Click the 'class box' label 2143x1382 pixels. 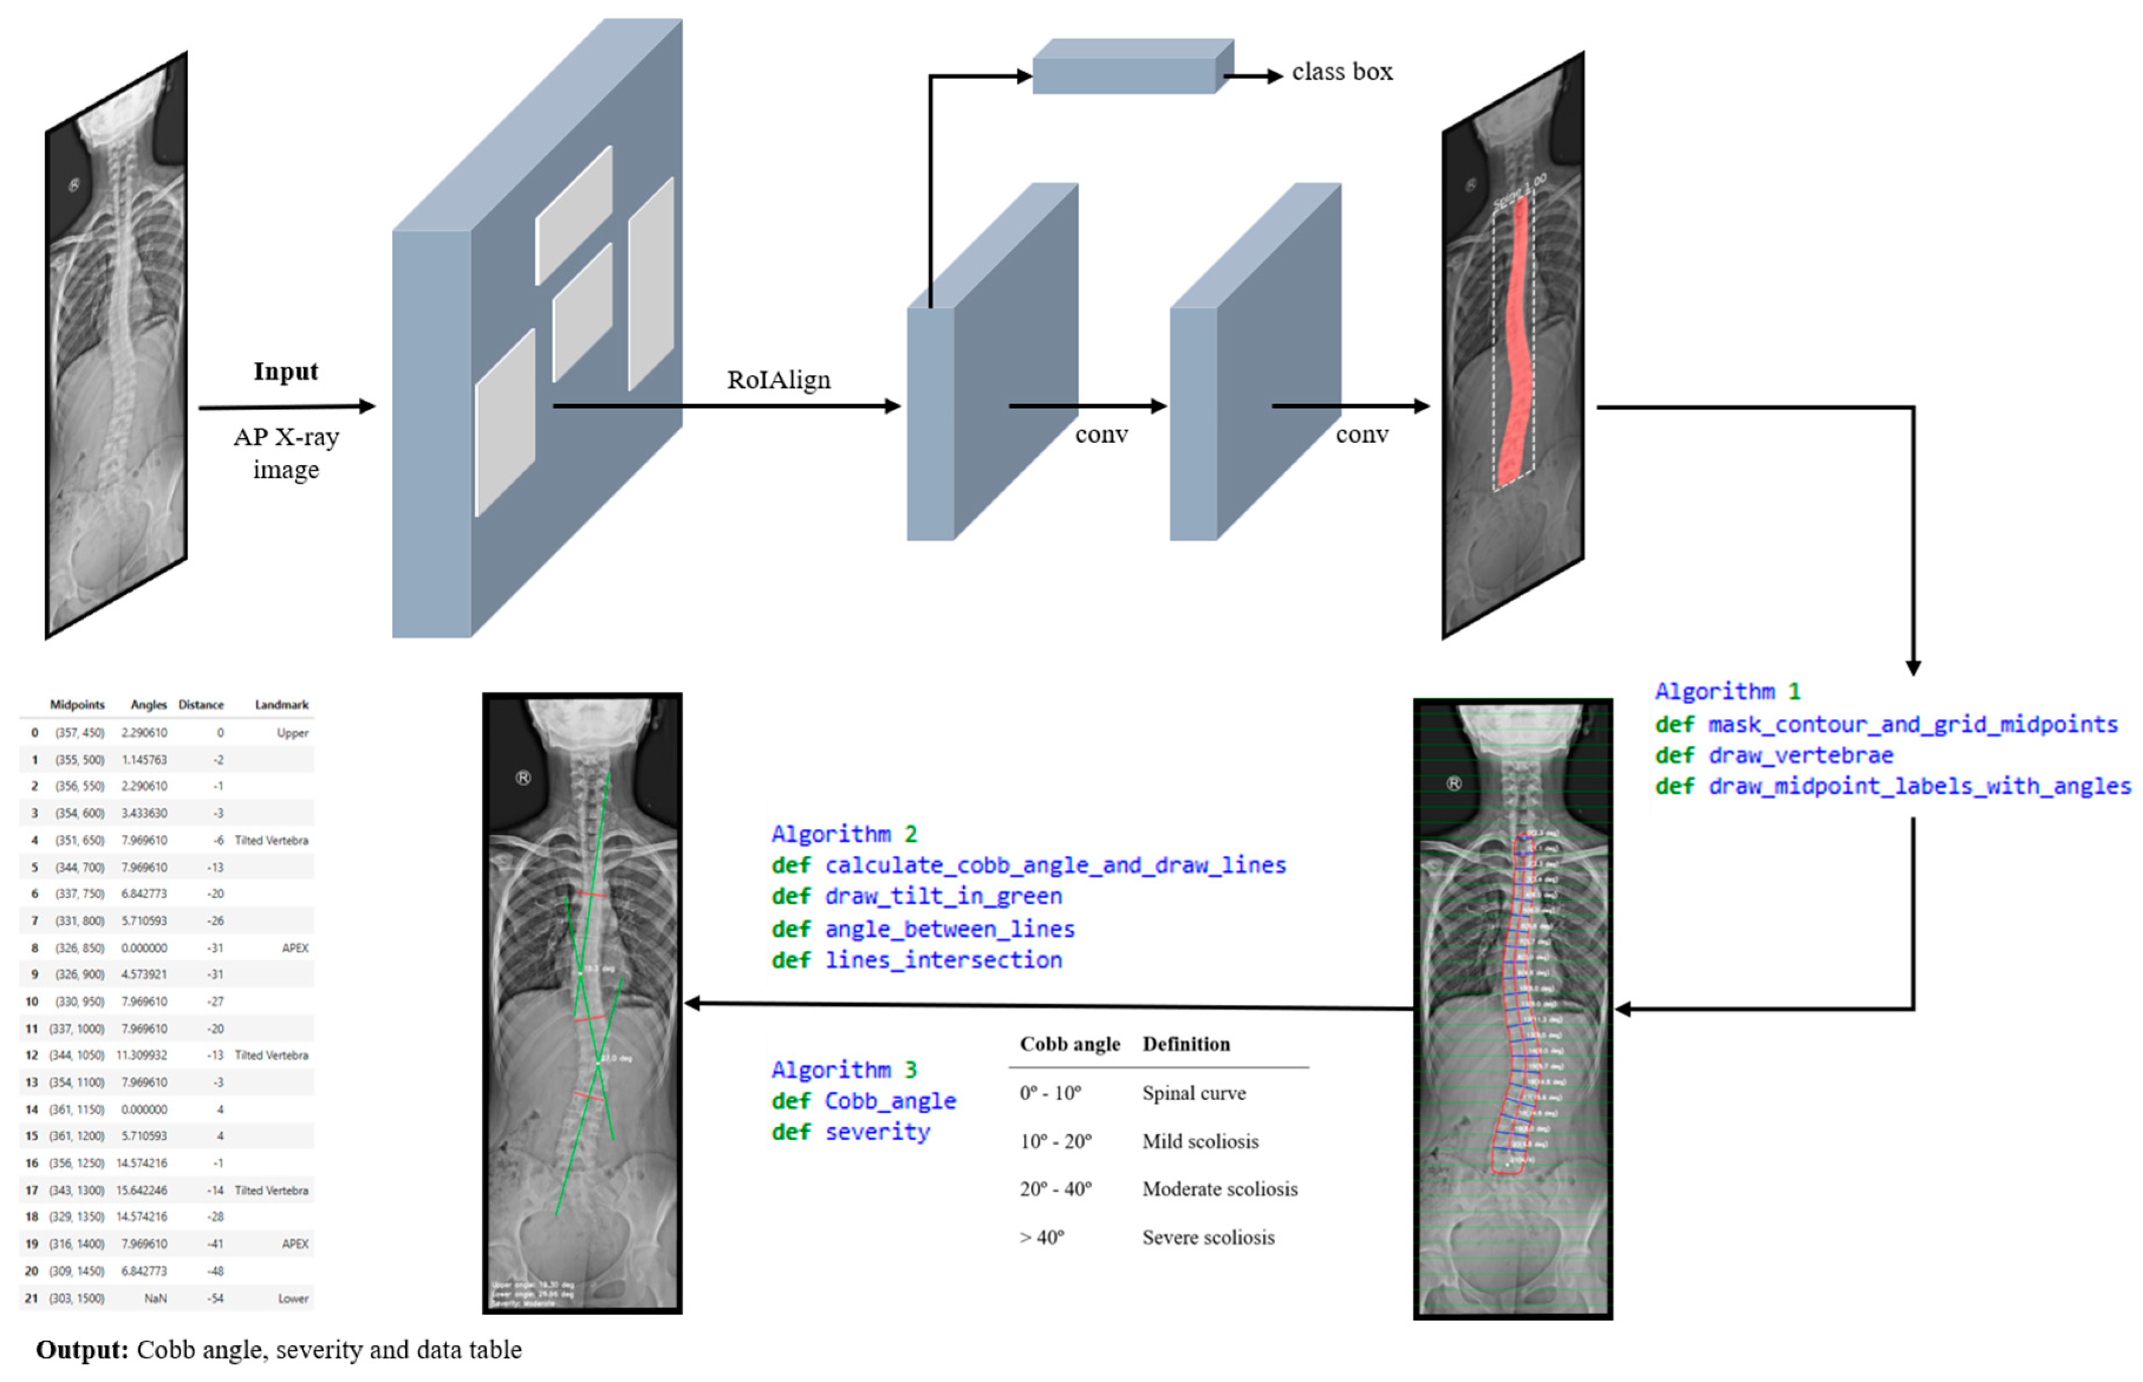pyautogui.click(x=1341, y=72)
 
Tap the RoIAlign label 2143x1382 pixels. pyautogui.click(x=778, y=380)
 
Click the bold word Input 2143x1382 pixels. pyautogui.click(x=285, y=371)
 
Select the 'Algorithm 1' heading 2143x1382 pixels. pyautogui.click(x=1726, y=691)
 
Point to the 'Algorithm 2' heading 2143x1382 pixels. pyautogui.click(x=844, y=834)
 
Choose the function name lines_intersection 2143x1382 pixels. pyautogui.click(x=943, y=960)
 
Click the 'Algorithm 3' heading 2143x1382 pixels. pyautogui.click(x=844, y=1070)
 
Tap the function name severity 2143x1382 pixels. pyautogui.click(x=877, y=1132)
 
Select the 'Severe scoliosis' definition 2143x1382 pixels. pyautogui.click(x=1208, y=1237)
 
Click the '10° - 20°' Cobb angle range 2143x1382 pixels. pyautogui.click(x=1055, y=1141)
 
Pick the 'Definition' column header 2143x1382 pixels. pyautogui.click(x=1185, y=1044)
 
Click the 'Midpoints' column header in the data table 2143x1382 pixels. pyautogui.click(x=77, y=704)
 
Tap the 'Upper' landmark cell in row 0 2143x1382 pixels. pyautogui.click(x=292, y=732)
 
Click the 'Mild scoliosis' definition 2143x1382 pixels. pyautogui.click(x=1200, y=1141)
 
